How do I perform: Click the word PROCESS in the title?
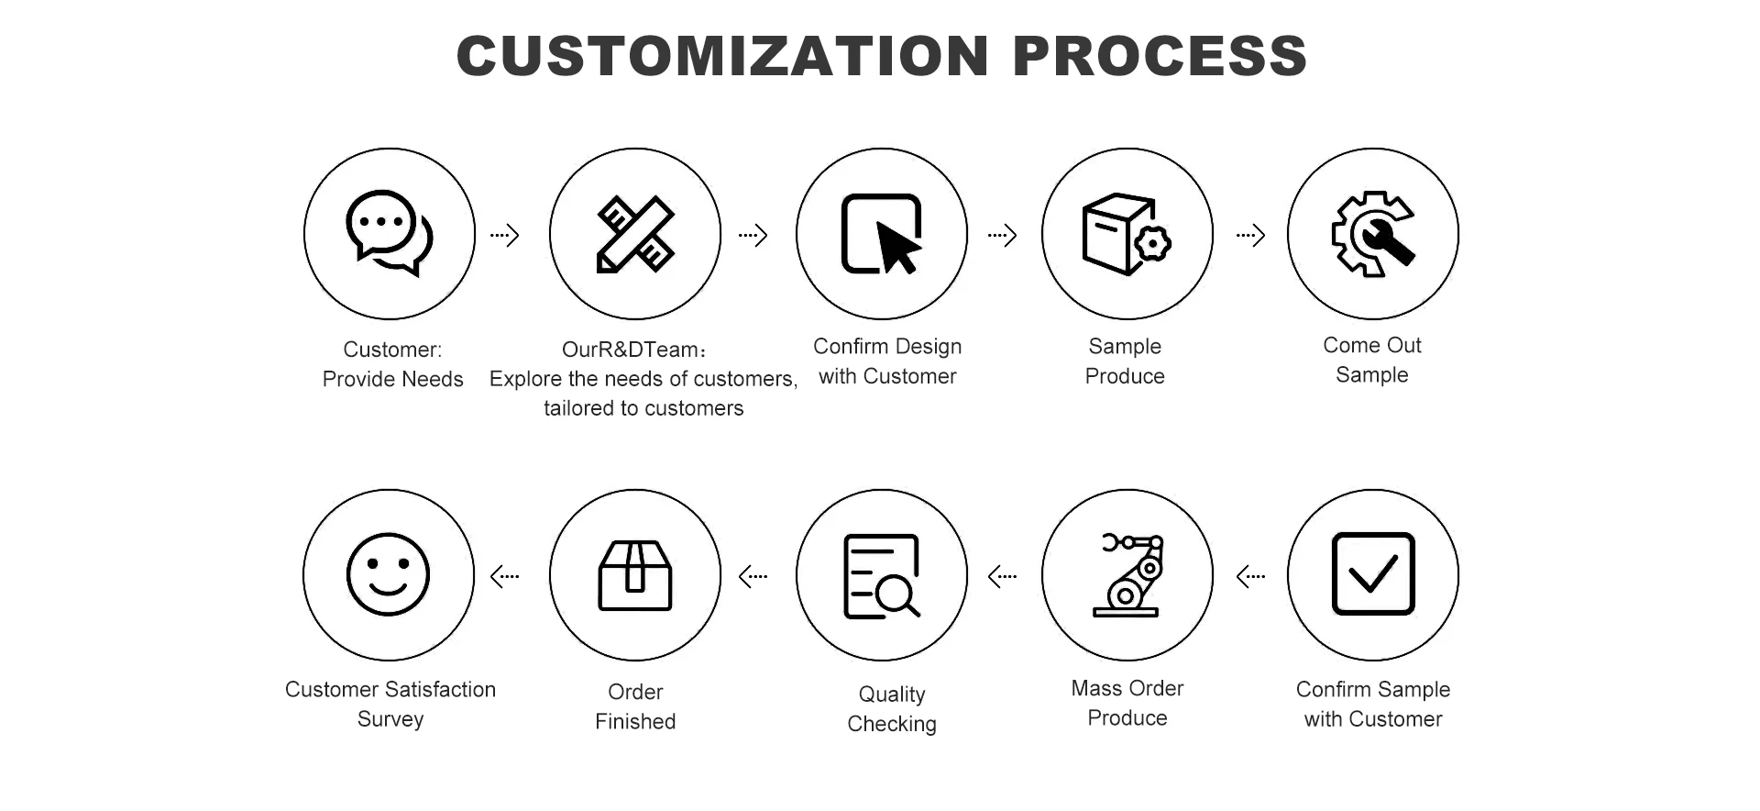pyautogui.click(x=1160, y=56)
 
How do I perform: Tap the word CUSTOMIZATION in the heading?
pyautogui.click(x=722, y=56)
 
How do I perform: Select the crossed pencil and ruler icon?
pyautogui.click(x=635, y=234)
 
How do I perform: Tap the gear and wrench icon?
pyautogui.click(x=1372, y=234)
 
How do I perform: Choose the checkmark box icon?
pyautogui.click(x=1372, y=574)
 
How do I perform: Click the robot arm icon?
pyautogui.click(x=1127, y=574)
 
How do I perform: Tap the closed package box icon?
pyautogui.click(x=635, y=575)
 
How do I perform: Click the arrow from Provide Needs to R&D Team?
pyautogui.click(x=505, y=236)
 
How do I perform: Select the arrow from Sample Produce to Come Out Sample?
pyautogui.click(x=1250, y=236)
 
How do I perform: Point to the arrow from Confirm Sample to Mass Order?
pyautogui.click(x=1250, y=577)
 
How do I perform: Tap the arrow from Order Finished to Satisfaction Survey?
pyautogui.click(x=505, y=577)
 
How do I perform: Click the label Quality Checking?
pyautogui.click(x=892, y=709)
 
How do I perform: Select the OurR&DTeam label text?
pyautogui.click(x=634, y=350)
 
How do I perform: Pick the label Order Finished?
pyautogui.click(x=635, y=706)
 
